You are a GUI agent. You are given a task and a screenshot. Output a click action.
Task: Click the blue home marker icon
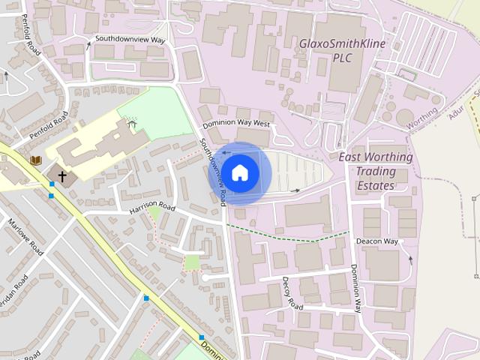[239, 173]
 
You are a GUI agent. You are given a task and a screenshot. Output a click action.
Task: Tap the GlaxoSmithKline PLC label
[342, 50]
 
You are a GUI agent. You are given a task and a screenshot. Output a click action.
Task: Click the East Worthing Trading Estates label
[376, 171]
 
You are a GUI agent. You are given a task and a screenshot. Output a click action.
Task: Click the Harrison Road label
[151, 206]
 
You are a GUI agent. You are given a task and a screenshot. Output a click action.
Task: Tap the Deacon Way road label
[376, 241]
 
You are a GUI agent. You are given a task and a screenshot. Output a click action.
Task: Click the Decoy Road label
[292, 295]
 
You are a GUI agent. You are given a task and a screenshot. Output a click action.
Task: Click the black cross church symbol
[61, 175]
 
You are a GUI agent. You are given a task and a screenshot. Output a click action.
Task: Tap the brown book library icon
[35, 160]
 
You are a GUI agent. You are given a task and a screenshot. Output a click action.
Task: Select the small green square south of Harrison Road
[193, 262]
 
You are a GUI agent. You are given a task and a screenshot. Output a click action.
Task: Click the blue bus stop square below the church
[51, 195]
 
